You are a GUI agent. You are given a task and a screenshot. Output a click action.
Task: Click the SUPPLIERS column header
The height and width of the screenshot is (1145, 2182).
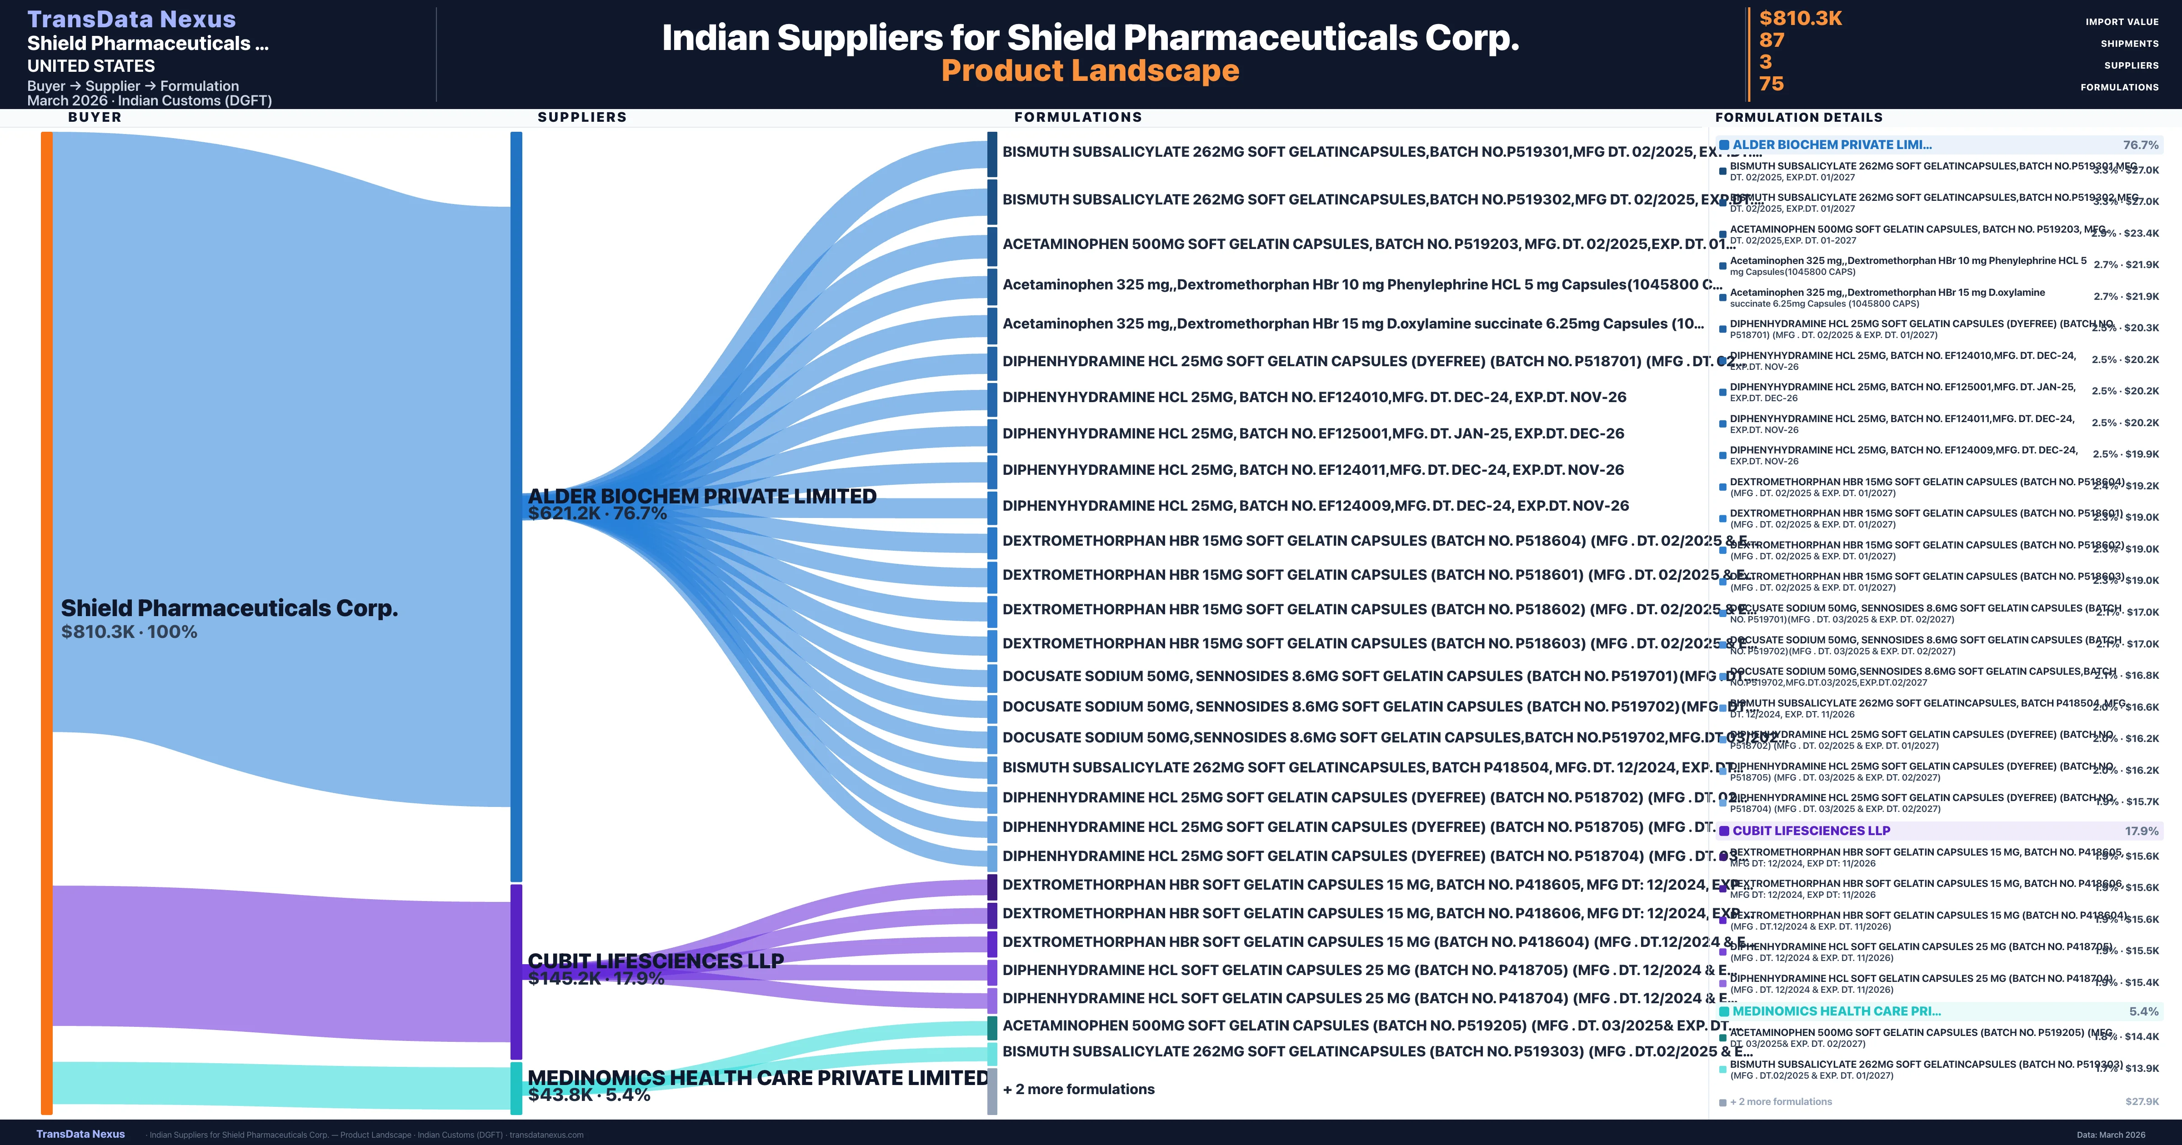(582, 117)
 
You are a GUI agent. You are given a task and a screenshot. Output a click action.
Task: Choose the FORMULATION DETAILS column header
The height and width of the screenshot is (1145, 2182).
(1798, 117)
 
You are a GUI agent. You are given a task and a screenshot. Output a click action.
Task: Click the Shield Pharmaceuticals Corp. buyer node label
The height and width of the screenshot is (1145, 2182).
(229, 608)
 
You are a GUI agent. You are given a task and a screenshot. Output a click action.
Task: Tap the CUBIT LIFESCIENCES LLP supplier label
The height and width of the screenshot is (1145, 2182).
(656, 961)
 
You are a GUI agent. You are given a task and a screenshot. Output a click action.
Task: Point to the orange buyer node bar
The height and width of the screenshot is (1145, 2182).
(46, 622)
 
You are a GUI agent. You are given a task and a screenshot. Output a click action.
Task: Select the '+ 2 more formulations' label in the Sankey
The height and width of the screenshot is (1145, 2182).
(1078, 1089)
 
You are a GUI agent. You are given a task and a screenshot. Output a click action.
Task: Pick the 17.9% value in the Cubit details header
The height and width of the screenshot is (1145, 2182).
(2142, 831)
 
